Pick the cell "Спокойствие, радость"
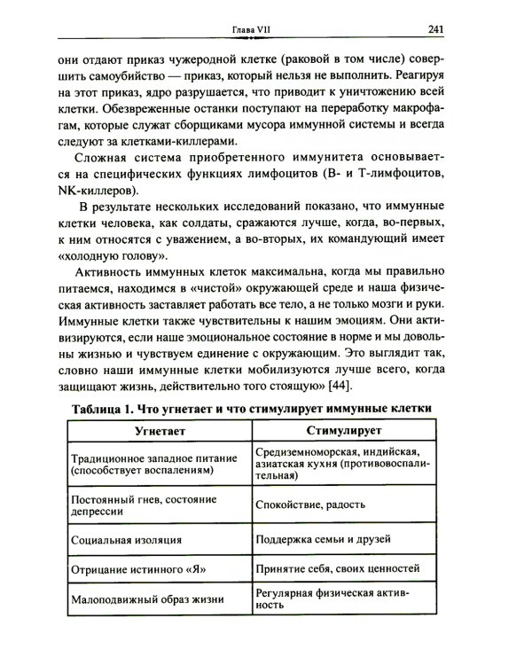310,505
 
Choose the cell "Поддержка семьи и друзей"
325,539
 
